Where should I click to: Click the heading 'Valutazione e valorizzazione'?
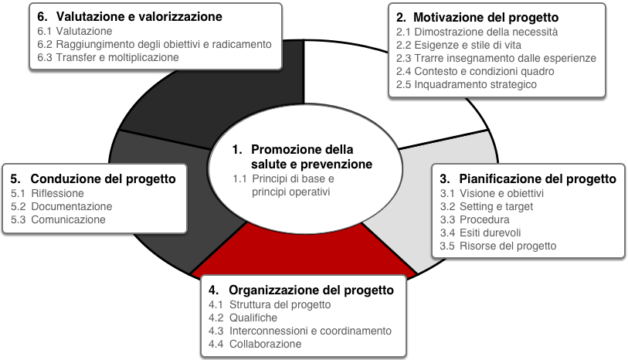click(x=139, y=16)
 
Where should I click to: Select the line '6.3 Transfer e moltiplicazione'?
click(x=108, y=57)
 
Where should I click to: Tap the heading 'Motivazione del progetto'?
click(x=486, y=17)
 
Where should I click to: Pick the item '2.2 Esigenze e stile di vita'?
click(x=459, y=45)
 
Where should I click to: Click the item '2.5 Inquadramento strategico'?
click(x=467, y=84)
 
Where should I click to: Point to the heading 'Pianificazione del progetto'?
click(x=538, y=178)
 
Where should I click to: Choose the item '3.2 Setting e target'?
click(x=487, y=206)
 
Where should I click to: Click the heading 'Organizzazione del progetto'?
click(x=311, y=290)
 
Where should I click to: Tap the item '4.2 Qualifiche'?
click(x=243, y=318)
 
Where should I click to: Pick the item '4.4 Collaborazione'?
click(x=255, y=344)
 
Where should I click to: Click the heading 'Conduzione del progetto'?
click(x=103, y=178)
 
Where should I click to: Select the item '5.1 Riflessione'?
click(x=47, y=193)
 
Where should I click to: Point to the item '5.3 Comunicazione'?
click(x=58, y=220)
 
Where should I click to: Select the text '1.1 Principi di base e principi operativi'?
click(x=283, y=185)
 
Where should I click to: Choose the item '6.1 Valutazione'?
click(x=74, y=31)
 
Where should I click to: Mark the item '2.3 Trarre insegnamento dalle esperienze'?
click(x=496, y=58)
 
